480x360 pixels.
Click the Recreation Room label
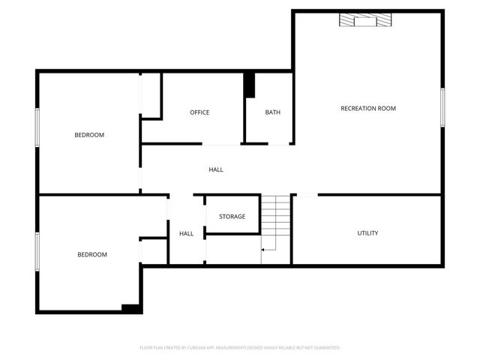367,109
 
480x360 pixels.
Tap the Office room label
199,112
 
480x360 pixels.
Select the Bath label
272,112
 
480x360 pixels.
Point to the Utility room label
367,233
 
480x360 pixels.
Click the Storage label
232,217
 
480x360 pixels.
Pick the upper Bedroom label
89,135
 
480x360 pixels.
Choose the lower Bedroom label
92,254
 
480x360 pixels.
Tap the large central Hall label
216,169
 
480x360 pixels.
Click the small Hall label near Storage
186,234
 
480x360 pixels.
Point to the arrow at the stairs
265,248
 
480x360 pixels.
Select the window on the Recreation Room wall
443,107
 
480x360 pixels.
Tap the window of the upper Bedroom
37,135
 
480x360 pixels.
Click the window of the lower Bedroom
37,251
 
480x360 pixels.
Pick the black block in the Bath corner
250,85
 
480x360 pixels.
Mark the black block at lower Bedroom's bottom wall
131,307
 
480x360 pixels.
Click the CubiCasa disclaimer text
240,348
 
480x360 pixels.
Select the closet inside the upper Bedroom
151,95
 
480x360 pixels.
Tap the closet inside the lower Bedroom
154,252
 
